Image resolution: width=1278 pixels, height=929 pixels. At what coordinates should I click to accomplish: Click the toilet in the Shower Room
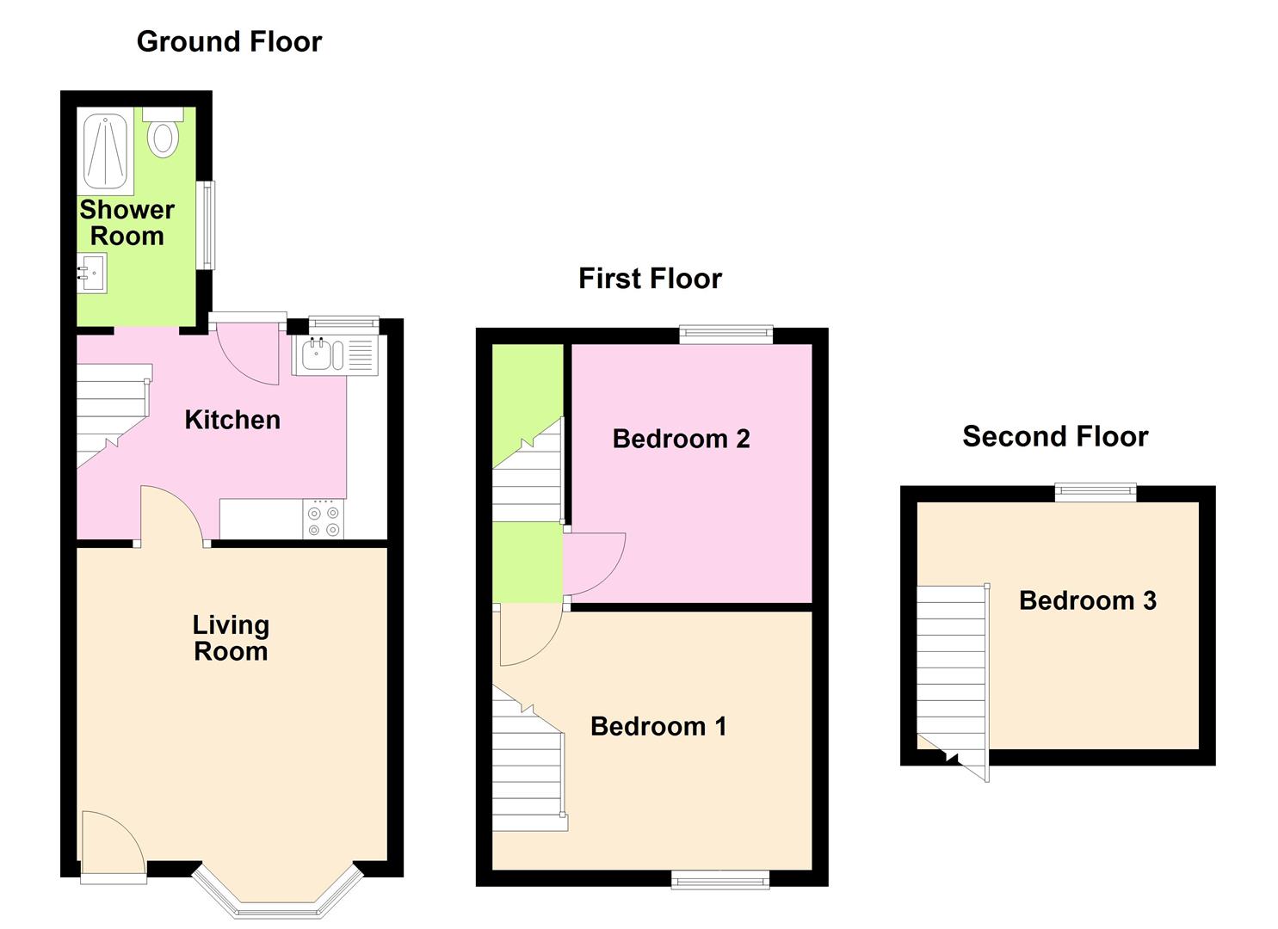pyautogui.click(x=163, y=133)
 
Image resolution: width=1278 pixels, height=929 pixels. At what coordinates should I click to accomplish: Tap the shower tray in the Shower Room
pyautogui.click(x=105, y=151)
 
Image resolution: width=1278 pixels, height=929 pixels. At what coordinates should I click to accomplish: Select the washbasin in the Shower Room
pyautogui.click(x=92, y=274)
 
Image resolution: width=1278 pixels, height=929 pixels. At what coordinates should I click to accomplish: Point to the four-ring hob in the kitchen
pyautogui.click(x=324, y=520)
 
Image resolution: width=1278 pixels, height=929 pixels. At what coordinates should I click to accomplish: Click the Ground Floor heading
pyautogui.click(x=229, y=41)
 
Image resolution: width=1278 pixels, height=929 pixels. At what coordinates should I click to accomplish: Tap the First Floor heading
pyautogui.click(x=650, y=279)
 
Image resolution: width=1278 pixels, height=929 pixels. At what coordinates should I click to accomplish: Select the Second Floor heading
pyautogui.click(x=1055, y=437)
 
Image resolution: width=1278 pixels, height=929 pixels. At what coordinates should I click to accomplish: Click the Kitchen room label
pyautogui.click(x=232, y=420)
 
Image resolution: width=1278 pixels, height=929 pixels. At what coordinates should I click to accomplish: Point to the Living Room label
pyautogui.click(x=231, y=638)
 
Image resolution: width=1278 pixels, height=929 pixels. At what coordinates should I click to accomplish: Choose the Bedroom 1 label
pyautogui.click(x=658, y=727)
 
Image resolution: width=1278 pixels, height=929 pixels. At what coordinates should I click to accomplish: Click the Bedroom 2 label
pyautogui.click(x=681, y=439)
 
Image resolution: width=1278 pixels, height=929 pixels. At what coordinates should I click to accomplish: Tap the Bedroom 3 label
pyautogui.click(x=1087, y=600)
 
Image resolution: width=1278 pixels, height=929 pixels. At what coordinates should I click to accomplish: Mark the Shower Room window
pyautogui.click(x=206, y=225)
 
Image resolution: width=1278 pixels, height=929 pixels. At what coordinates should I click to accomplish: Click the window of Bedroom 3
pyautogui.click(x=1096, y=492)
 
